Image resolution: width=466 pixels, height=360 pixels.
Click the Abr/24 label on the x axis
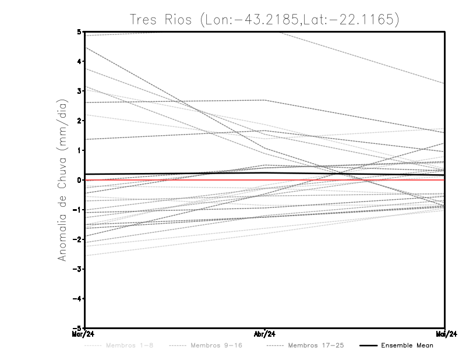click(265, 334)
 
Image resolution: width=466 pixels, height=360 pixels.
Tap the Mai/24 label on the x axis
click(444, 334)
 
